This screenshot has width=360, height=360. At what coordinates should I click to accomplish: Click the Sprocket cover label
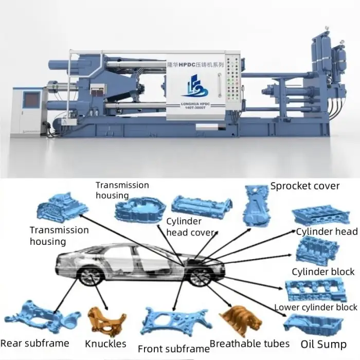pos(305,186)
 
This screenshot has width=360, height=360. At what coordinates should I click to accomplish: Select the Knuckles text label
pos(106,343)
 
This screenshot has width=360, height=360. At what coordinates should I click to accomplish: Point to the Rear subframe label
pos(35,343)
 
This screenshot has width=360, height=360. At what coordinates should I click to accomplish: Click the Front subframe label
pos(166,349)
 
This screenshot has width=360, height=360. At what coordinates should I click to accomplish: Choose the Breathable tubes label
pos(249,344)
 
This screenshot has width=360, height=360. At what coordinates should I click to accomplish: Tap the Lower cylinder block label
pos(315,308)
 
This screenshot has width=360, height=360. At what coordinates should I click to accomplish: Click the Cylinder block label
pos(323,272)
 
